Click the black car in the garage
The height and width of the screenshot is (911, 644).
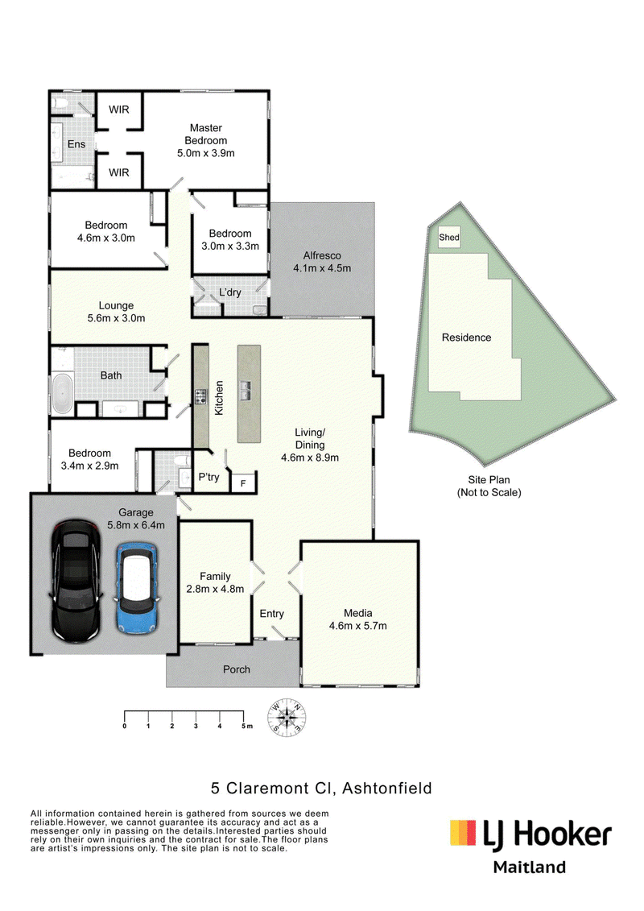(76, 581)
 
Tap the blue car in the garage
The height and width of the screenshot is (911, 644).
(137, 587)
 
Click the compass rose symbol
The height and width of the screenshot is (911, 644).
(287, 718)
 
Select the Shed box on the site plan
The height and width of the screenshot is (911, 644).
(449, 237)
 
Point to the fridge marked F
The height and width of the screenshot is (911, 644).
(243, 482)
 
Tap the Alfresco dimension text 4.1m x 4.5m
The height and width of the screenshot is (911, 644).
(322, 268)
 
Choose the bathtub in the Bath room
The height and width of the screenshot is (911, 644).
(62, 393)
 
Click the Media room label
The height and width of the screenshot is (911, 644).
(357, 613)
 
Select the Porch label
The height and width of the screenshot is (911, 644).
(237, 669)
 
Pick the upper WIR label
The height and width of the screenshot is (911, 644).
(119, 110)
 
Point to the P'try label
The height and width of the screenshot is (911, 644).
(209, 477)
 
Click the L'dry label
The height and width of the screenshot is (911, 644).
(230, 292)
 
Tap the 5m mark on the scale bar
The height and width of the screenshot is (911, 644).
(247, 727)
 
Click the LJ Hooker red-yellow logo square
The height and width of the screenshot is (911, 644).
(464, 832)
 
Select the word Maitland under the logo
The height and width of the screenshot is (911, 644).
(530, 868)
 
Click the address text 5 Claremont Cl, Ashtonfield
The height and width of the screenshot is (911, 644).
(321, 789)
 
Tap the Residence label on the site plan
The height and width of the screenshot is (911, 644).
(466, 337)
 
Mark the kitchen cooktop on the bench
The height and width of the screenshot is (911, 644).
(201, 397)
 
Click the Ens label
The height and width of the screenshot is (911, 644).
(76, 144)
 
